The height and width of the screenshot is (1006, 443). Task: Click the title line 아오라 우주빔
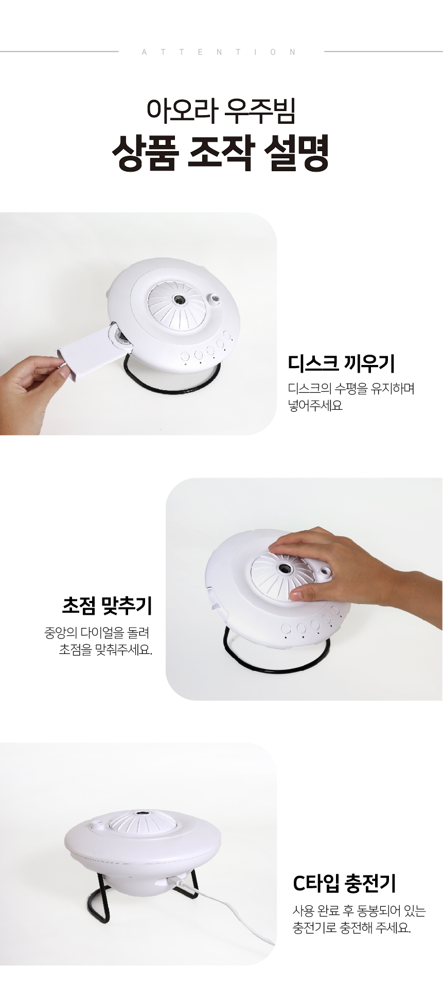pyautogui.click(x=221, y=111)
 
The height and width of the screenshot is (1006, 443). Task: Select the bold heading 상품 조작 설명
pyautogui.click(x=221, y=153)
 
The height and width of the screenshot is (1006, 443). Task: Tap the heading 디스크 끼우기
pyautogui.click(x=341, y=363)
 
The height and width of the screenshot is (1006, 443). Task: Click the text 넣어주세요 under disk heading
pyautogui.click(x=315, y=406)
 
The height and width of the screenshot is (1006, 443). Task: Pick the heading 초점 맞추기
pyautogui.click(x=107, y=605)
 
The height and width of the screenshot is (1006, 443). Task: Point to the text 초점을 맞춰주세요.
pyautogui.click(x=105, y=649)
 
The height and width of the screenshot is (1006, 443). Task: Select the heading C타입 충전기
pyautogui.click(x=344, y=883)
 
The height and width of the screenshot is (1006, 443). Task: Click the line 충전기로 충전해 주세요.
pyautogui.click(x=352, y=928)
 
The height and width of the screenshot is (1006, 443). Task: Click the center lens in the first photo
pyautogui.click(x=179, y=300)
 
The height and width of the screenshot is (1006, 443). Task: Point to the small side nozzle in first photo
pyautogui.click(x=213, y=299)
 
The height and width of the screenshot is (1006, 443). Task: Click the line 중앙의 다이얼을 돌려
pyautogui.click(x=97, y=632)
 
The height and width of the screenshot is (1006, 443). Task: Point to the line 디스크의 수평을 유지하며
pyautogui.click(x=351, y=388)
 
